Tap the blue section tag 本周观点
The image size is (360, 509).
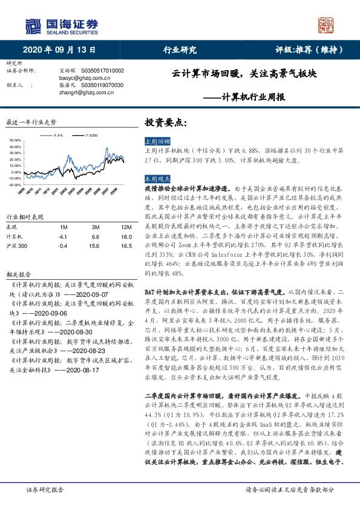click(x=156, y=180)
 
